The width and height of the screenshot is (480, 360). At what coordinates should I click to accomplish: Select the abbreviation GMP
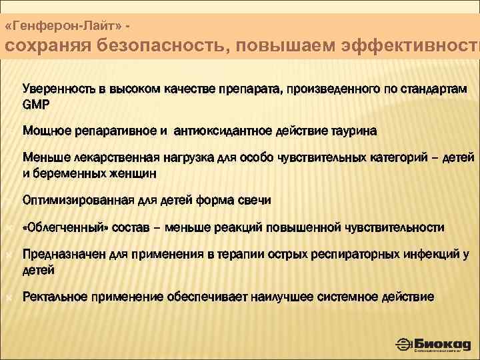pos(36,105)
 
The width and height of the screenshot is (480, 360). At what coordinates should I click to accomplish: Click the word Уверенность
pos(60,89)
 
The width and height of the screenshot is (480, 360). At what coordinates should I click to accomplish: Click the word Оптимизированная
pos(73,200)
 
